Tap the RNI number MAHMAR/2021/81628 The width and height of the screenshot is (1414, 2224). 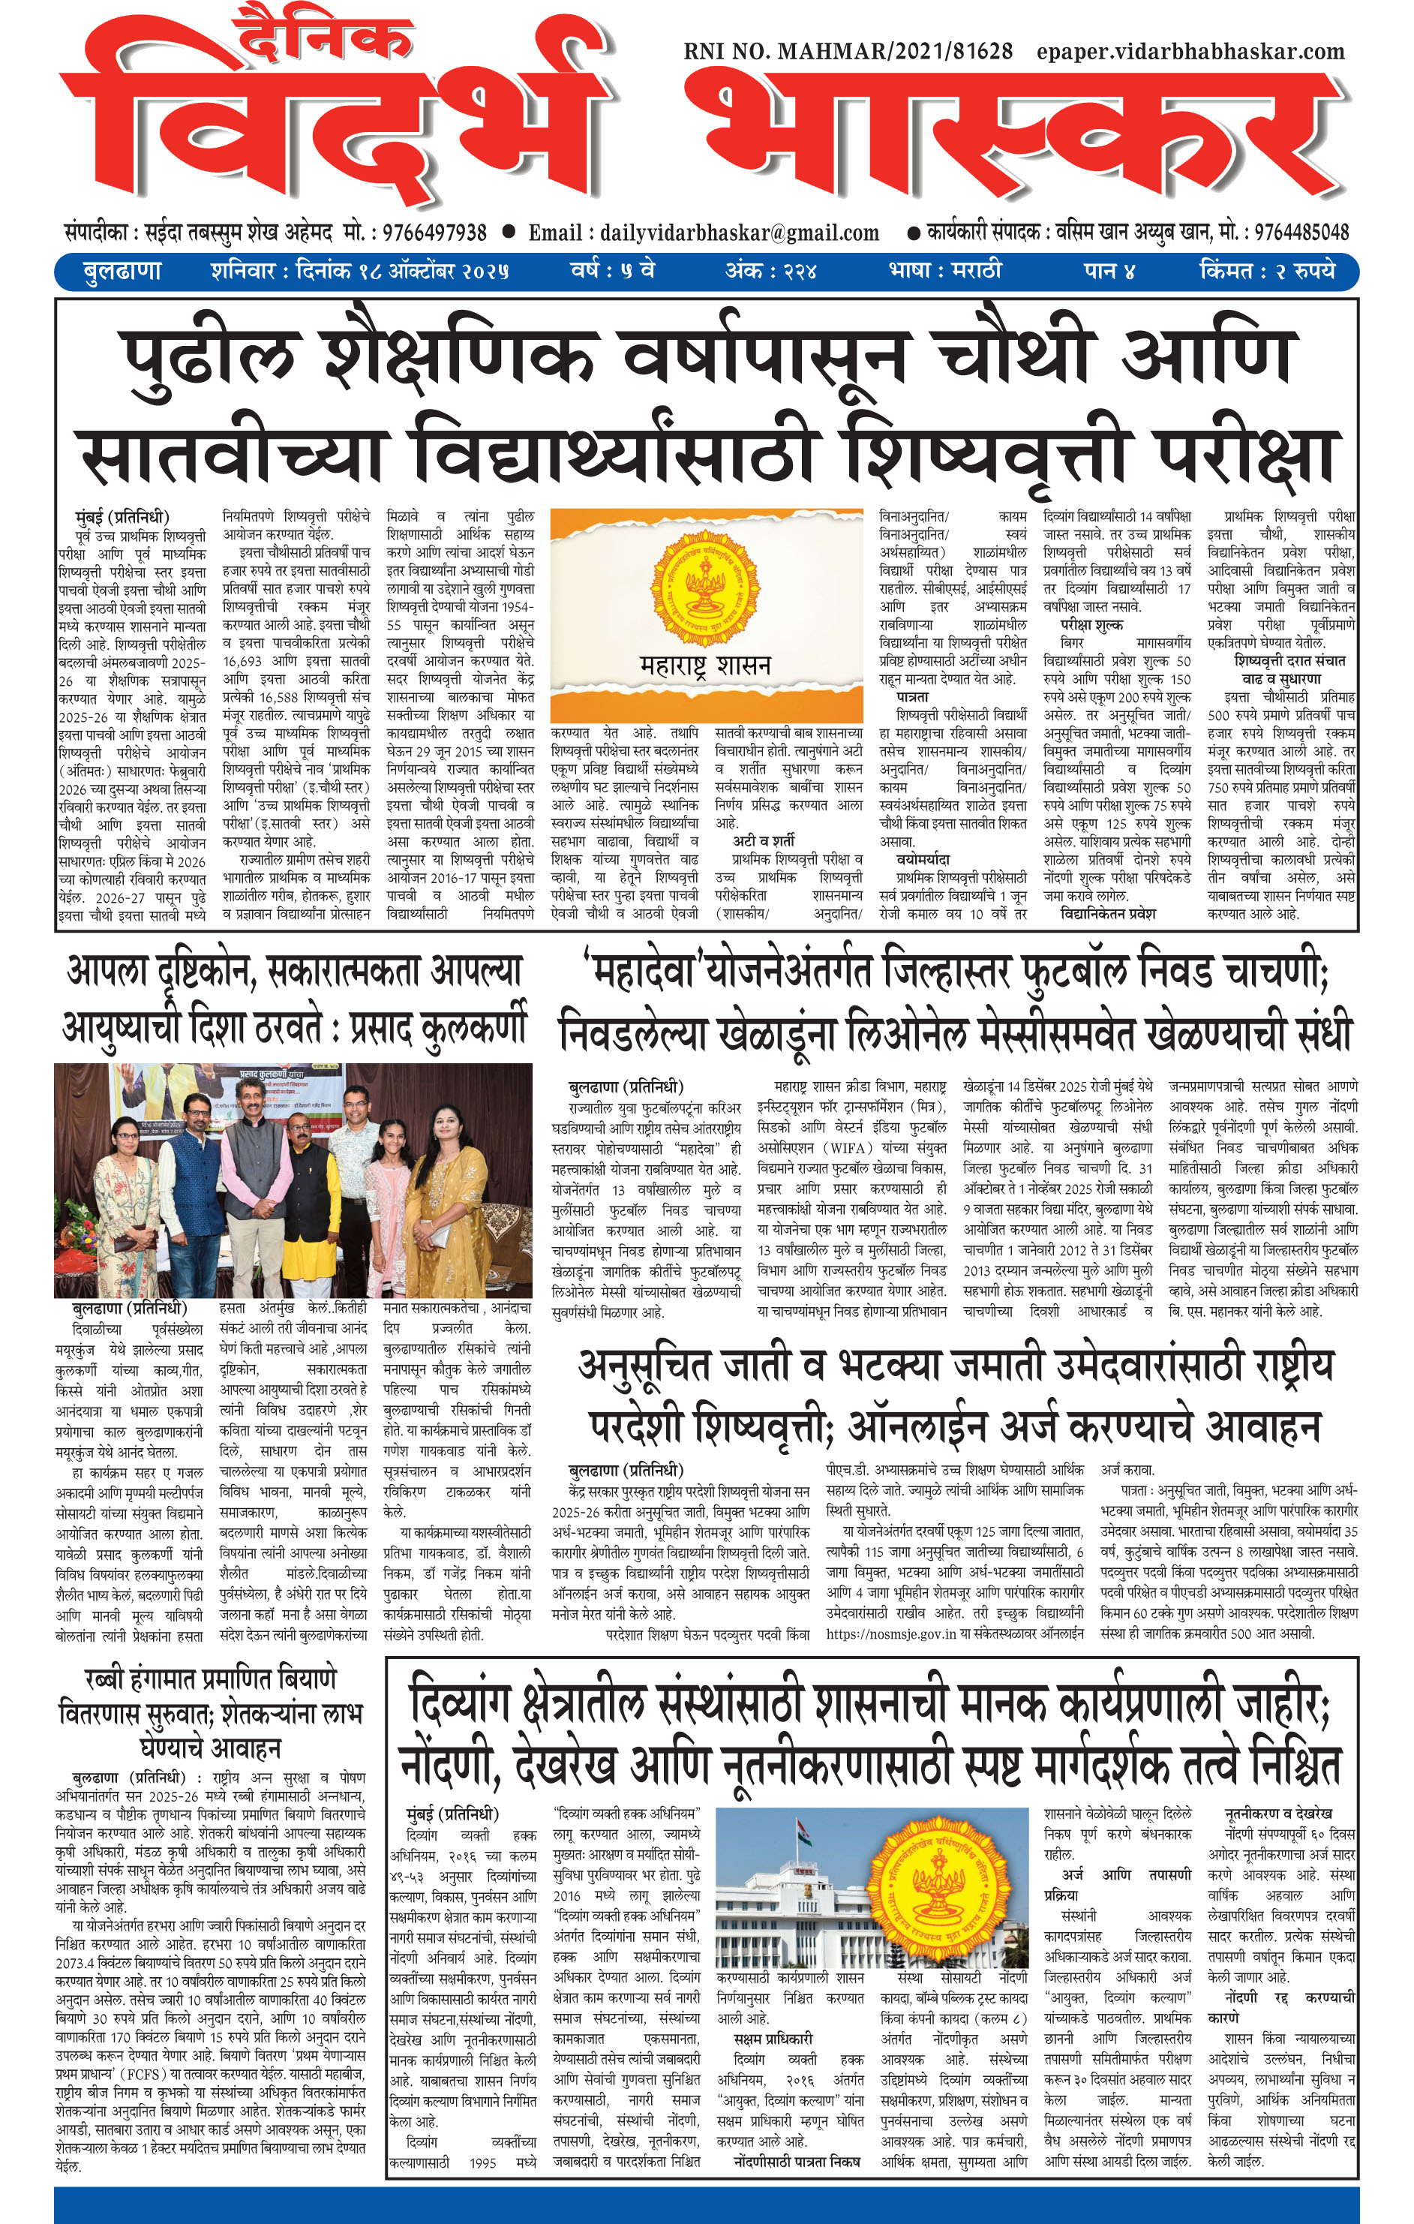point(848,52)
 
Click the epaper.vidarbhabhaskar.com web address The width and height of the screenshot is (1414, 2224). point(1190,52)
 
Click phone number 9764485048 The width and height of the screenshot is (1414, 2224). point(1297,232)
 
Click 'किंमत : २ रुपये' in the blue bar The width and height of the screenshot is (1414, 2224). point(1267,272)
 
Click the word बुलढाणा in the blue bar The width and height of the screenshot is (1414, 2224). point(122,272)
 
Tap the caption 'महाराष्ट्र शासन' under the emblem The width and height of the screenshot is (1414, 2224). point(704,665)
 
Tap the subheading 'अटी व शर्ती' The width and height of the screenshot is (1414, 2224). point(764,840)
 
